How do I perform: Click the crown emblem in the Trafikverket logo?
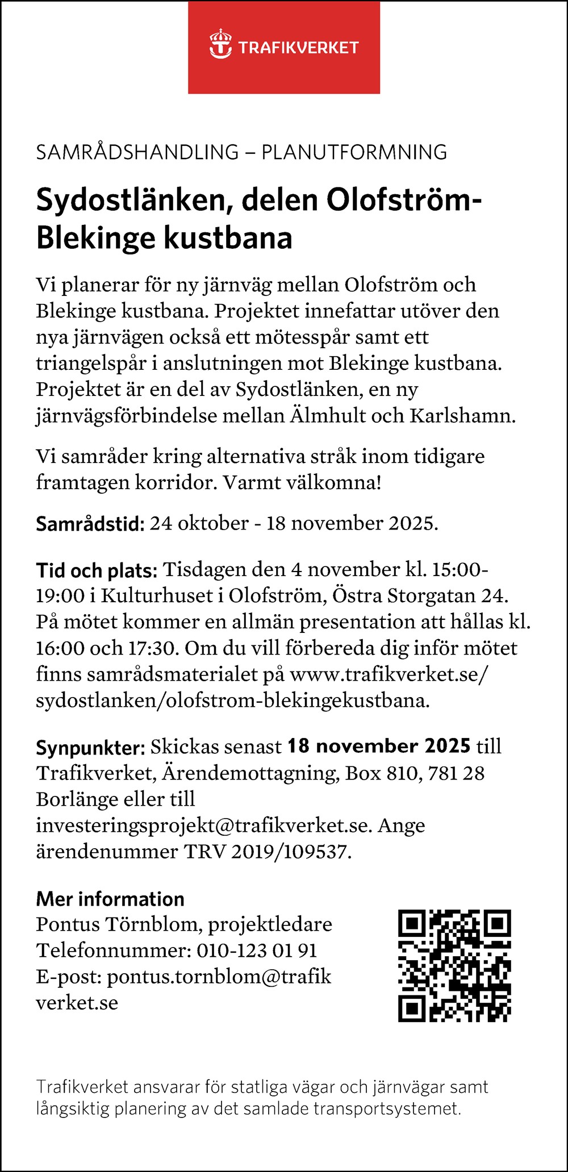220,45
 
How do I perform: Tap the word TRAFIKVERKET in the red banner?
298,48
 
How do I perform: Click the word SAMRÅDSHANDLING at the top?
137,152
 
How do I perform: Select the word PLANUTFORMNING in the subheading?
354,152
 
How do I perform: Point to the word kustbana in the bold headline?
229,238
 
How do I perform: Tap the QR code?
454,966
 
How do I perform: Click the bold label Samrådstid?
90,523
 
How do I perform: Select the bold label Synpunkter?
91,747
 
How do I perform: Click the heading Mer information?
110,899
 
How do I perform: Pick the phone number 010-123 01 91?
257,950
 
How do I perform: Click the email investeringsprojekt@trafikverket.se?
203,825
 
